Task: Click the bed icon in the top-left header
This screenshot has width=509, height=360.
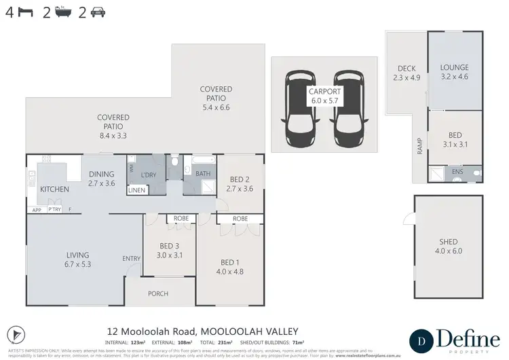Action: click(25, 12)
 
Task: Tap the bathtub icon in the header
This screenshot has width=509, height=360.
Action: click(64, 12)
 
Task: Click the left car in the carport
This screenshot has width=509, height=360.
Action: click(298, 104)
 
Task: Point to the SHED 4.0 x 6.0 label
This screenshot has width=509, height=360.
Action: click(449, 247)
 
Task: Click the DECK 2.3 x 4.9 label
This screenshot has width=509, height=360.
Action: click(407, 73)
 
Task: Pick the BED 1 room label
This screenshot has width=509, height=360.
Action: click(230, 266)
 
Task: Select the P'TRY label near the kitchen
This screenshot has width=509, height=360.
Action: click(54, 210)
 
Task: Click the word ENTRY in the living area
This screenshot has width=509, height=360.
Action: click(131, 258)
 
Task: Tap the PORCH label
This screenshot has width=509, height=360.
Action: click(157, 293)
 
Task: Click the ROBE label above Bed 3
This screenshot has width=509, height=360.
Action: click(181, 219)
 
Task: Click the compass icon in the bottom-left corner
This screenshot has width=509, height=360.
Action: click(20, 334)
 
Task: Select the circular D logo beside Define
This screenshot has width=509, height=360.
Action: click(421, 339)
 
